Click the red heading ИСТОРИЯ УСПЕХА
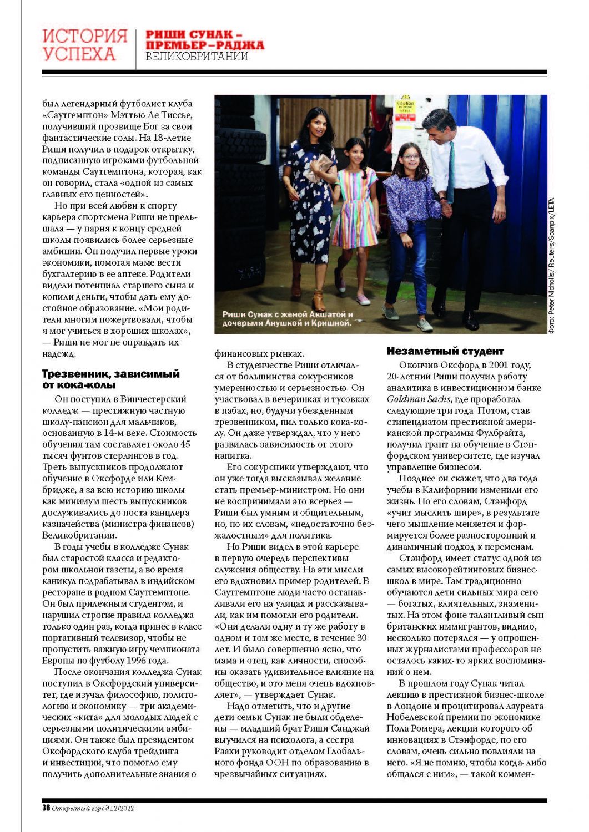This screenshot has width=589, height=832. (x=85, y=45)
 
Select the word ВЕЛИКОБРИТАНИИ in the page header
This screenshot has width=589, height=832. (x=197, y=57)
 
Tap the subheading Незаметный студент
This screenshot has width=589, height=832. (x=445, y=351)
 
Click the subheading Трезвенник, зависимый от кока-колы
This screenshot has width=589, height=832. (x=111, y=379)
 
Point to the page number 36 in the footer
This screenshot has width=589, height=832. (x=46, y=808)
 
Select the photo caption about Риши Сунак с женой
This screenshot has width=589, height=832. (x=287, y=318)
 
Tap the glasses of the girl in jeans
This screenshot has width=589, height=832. (x=409, y=157)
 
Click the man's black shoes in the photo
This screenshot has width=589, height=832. (x=471, y=321)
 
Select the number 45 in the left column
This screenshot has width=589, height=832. (x=185, y=444)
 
